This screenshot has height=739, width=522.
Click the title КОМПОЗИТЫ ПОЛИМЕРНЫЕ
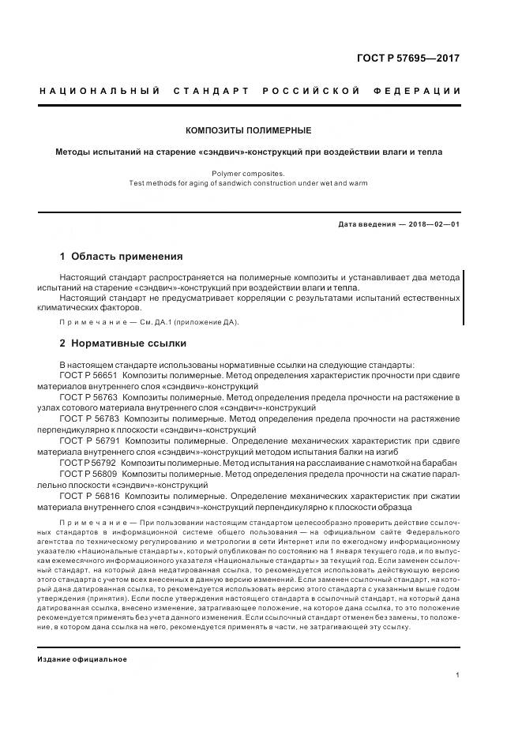[x=248, y=130]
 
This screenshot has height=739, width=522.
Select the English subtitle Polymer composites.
[x=248, y=172]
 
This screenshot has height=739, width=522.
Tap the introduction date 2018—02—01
[x=430, y=224]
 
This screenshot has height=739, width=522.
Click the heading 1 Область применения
[x=121, y=257]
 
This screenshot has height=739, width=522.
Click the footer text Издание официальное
[x=82, y=637]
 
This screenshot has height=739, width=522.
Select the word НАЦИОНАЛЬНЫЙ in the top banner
[x=100, y=91]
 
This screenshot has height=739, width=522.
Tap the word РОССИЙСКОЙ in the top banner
[x=314, y=91]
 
